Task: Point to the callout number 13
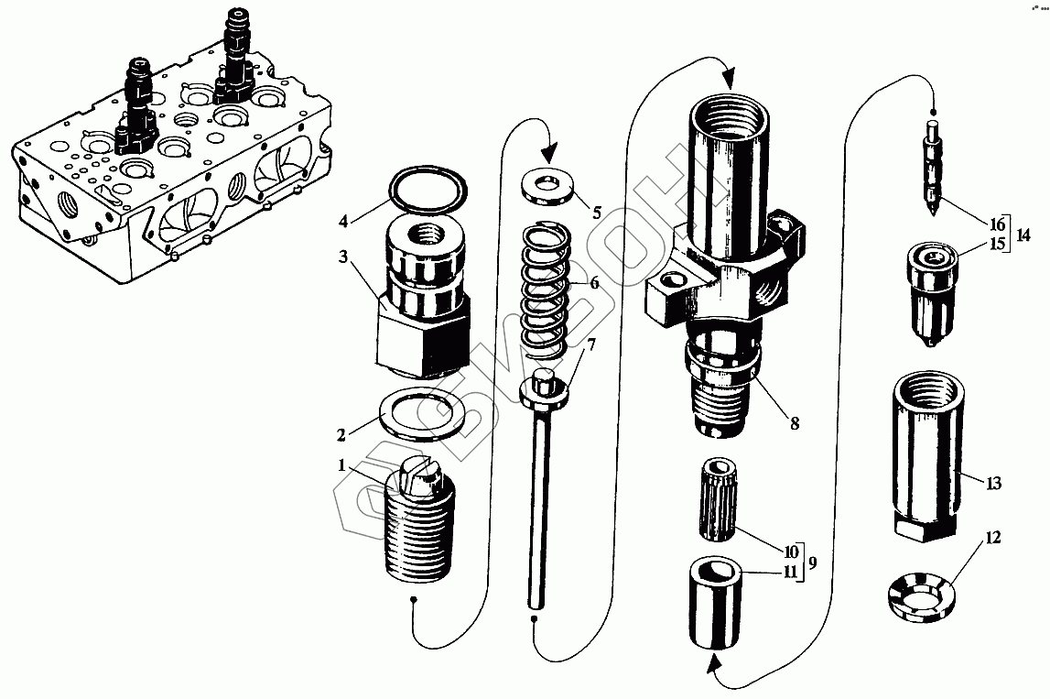994,483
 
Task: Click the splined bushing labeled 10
721,501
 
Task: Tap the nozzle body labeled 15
932,293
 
